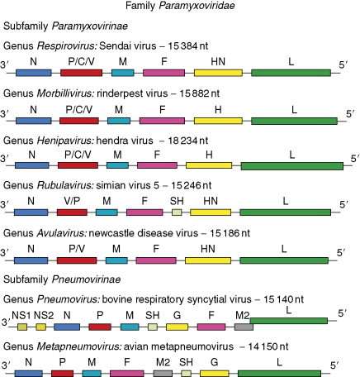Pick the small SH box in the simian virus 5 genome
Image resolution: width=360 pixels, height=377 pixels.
(x=176, y=212)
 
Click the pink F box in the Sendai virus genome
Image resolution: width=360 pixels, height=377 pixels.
(x=163, y=74)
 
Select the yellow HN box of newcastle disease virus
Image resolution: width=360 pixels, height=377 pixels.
(x=208, y=259)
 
